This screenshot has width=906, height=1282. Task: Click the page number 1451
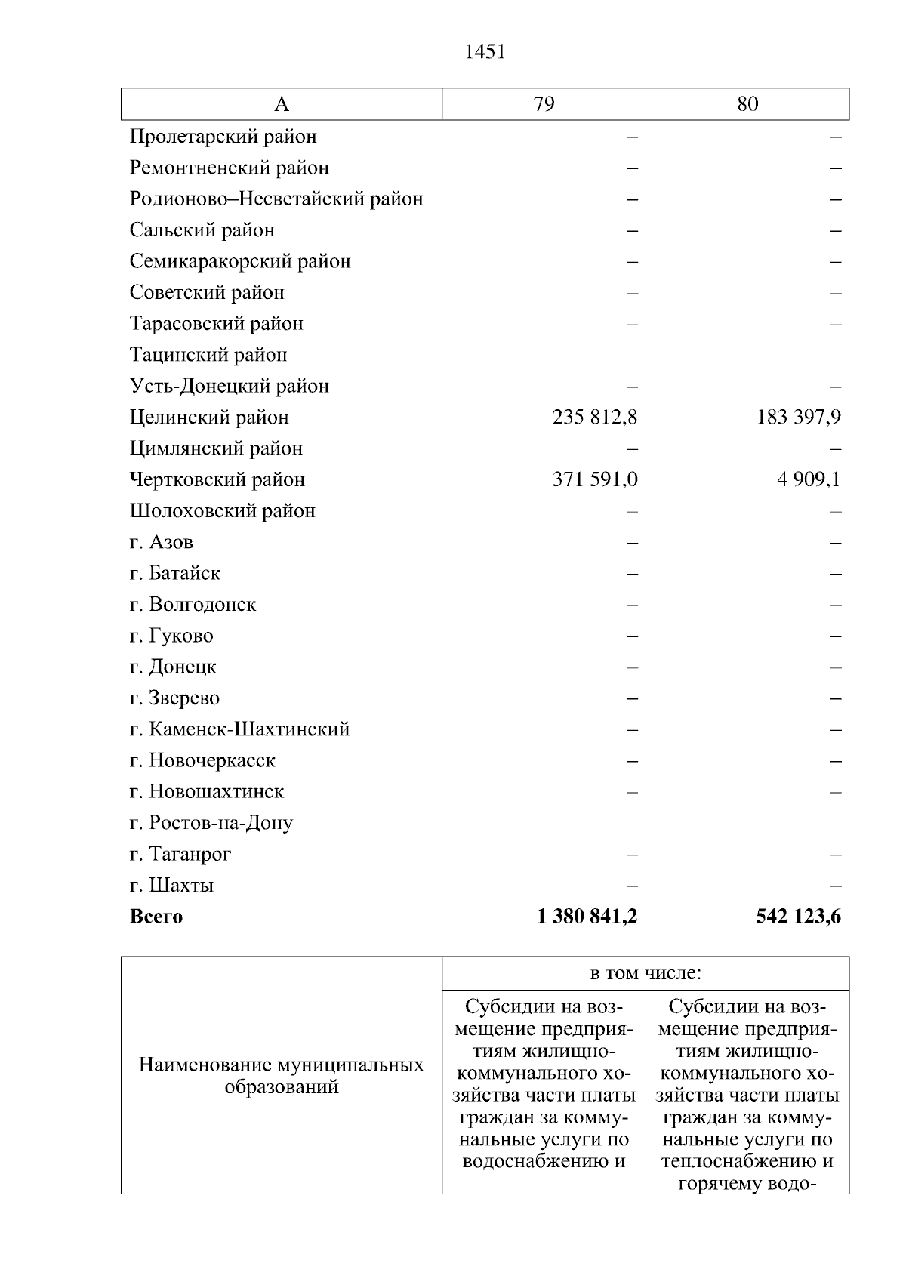click(x=485, y=51)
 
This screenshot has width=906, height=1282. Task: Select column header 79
click(x=544, y=104)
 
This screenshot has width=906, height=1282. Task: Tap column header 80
click(x=747, y=104)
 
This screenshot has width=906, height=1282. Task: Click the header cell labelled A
click(x=281, y=104)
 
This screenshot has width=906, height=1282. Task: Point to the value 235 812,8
click(x=595, y=417)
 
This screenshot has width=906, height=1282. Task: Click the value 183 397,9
click(x=799, y=417)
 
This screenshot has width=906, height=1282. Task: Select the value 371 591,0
click(x=595, y=479)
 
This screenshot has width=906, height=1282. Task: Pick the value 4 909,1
click(x=809, y=479)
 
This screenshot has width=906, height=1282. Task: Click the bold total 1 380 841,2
click(x=587, y=917)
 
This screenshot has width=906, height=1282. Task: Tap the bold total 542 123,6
click(x=798, y=917)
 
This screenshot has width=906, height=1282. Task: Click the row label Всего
click(x=156, y=917)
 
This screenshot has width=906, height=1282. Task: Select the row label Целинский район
click(x=209, y=417)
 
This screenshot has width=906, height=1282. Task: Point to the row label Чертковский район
click(x=217, y=479)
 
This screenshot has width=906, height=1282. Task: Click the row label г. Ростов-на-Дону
click(x=211, y=823)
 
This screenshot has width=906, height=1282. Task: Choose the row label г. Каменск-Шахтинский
click(x=239, y=729)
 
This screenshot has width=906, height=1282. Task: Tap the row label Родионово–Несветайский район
click(x=276, y=199)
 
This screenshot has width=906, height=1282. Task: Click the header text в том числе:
click(x=646, y=973)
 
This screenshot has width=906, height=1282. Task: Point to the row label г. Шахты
click(x=172, y=885)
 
